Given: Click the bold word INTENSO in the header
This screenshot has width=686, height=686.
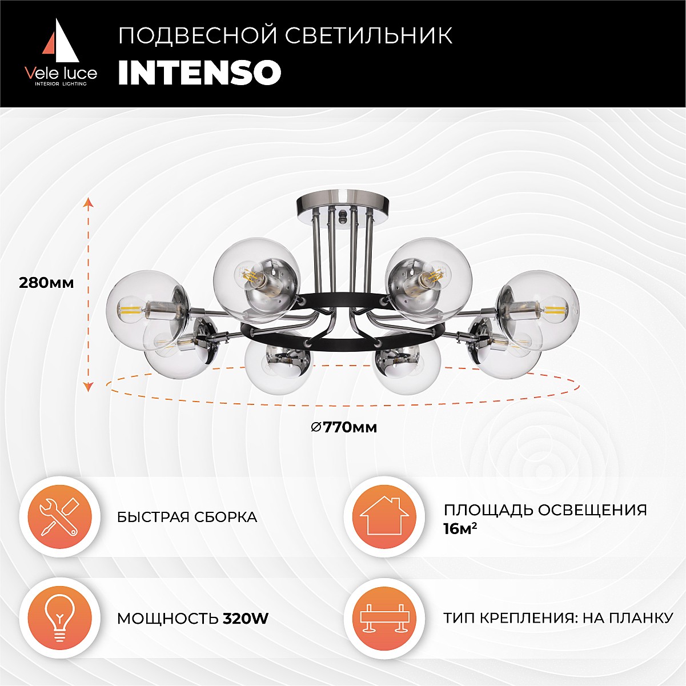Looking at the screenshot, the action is (200, 73).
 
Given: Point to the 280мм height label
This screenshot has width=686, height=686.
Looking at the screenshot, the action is (46, 283).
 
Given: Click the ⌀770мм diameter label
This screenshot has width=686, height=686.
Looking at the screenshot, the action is (344, 427).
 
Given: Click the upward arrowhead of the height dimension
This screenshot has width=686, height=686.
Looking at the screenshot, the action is (89, 202).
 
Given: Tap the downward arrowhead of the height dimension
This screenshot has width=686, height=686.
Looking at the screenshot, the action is (89, 387).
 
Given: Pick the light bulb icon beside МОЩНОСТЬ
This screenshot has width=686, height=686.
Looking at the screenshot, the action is (60, 619).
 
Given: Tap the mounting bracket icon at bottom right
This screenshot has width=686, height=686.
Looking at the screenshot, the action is (384, 619).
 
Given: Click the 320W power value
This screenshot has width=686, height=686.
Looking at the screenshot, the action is (245, 619).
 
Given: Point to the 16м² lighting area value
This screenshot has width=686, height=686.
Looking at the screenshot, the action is (460, 529).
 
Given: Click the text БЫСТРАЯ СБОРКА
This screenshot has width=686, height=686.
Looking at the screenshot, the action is (187, 517).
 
